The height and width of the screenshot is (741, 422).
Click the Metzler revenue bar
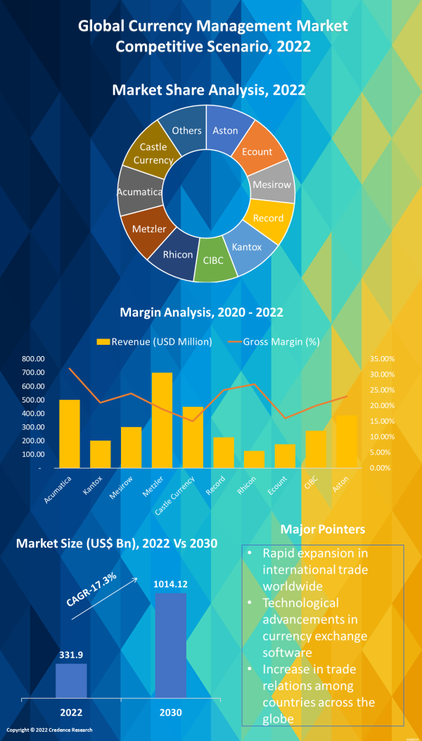click(x=162, y=419)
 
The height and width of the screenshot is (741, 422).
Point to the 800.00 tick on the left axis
click(x=32, y=359)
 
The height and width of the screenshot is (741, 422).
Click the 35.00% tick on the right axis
click(x=382, y=359)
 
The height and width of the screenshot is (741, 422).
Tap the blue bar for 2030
click(x=170, y=645)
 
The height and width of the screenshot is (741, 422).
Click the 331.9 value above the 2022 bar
click(x=71, y=653)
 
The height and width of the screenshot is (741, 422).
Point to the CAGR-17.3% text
click(x=92, y=590)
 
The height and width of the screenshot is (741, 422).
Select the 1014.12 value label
click(x=170, y=583)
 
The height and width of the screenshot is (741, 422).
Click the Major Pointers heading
click(x=322, y=528)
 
